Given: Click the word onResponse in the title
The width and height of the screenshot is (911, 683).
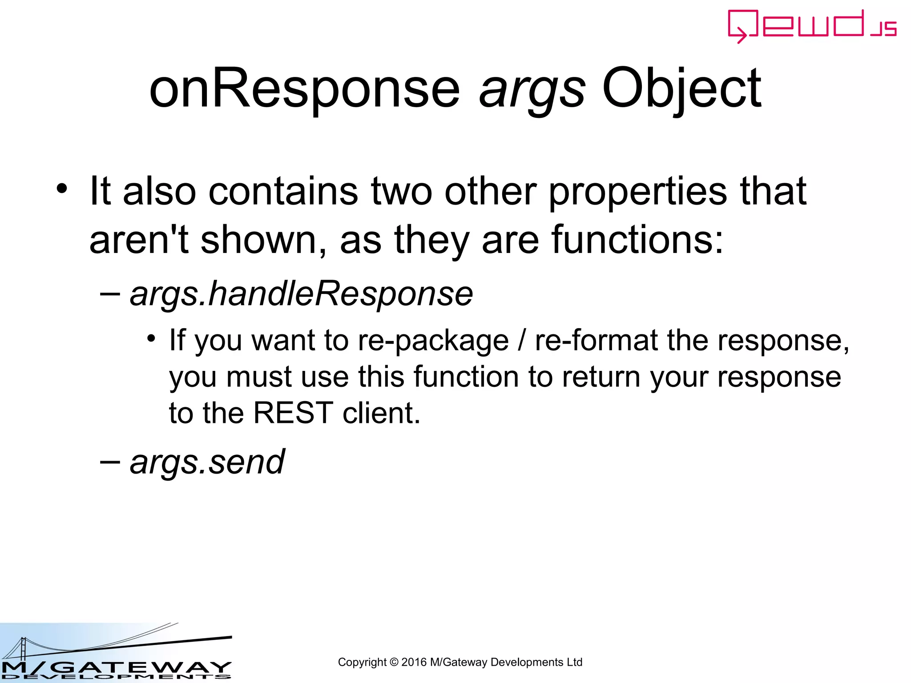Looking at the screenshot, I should tap(304, 89).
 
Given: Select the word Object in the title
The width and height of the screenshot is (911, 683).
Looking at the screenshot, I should tap(681, 89).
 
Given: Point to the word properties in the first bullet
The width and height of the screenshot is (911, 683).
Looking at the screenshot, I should tap(639, 192).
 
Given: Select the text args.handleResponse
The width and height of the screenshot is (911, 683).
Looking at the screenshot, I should tap(301, 294).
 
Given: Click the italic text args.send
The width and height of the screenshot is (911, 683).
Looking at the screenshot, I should tap(207, 462).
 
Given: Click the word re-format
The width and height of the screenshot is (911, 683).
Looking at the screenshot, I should tap(596, 341).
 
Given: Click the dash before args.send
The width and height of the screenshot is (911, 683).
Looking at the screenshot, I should tap(110, 462).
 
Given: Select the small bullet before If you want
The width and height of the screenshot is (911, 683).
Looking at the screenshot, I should tap(151, 339).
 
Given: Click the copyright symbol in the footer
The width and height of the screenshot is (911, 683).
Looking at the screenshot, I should tap(394, 663).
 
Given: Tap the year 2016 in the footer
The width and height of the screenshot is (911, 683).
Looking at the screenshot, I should tap(414, 663).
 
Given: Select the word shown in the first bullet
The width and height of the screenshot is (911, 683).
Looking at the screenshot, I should tap(258, 240).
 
